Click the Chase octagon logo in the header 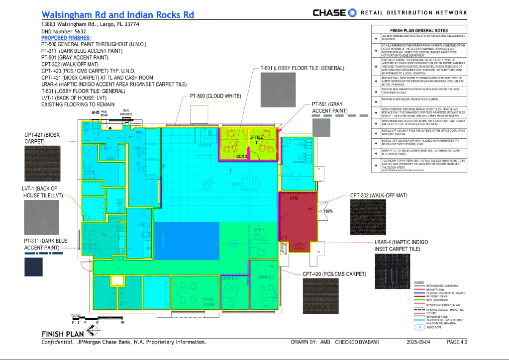353,12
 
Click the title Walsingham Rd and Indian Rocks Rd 117,15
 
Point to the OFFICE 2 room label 266,277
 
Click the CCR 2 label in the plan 242,156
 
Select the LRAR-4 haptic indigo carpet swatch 393,271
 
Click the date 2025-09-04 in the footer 421,342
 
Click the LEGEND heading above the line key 419,282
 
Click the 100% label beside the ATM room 328,211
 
